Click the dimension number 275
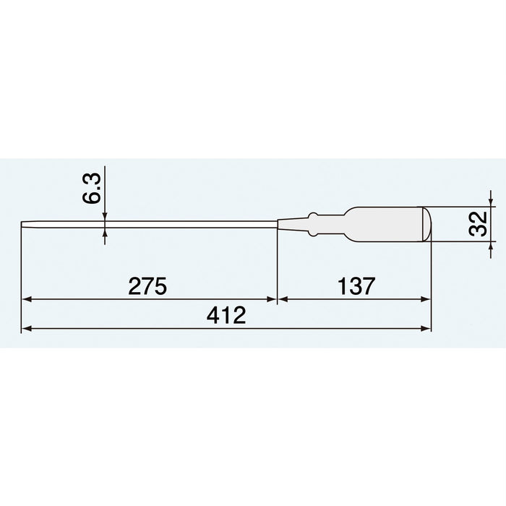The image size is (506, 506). pos(147,286)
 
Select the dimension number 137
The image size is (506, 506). pos(356,286)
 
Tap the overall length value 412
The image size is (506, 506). pos(226,315)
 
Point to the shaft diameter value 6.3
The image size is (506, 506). pos(91,188)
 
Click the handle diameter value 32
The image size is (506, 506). pos(478,223)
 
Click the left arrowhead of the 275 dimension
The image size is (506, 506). pos(27,299)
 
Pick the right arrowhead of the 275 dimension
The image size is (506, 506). pos(271,299)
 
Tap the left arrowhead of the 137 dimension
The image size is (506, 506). pos(283,299)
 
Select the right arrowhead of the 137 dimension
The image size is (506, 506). pos(425,299)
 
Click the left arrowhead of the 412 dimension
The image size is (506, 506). pos(27,328)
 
